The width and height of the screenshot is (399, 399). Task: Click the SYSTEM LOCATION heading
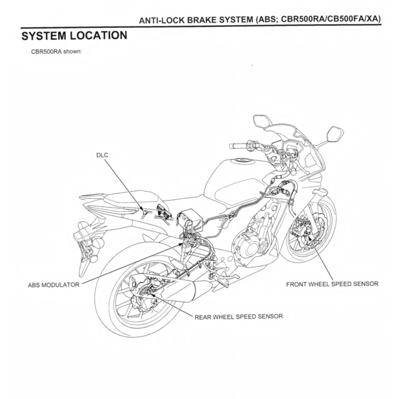[x=74, y=36]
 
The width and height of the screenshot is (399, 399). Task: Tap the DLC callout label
[x=102, y=155]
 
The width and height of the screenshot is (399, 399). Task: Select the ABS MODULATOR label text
[x=54, y=285]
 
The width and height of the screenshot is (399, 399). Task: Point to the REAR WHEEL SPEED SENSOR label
[x=238, y=316]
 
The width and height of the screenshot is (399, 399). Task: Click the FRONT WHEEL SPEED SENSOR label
[x=332, y=283]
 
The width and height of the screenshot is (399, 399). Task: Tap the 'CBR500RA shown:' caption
[x=56, y=52]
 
